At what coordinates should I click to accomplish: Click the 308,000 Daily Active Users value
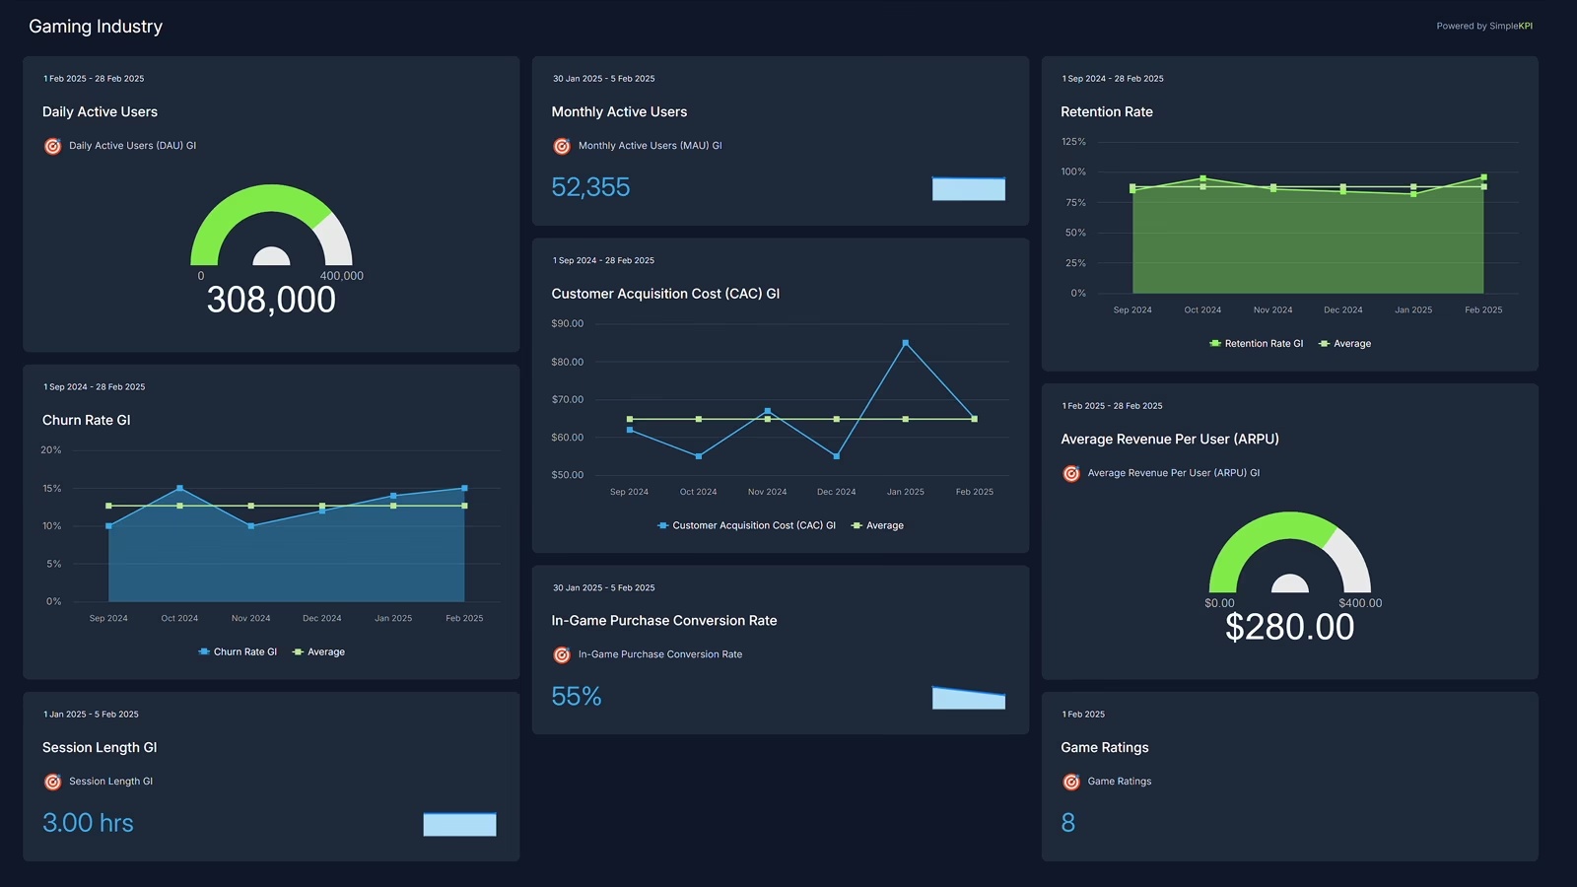[x=271, y=300]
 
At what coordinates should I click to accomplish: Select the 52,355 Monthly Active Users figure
[x=590, y=187]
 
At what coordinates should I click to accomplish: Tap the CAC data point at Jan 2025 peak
[x=906, y=343]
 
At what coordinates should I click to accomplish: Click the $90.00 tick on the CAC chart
[x=567, y=323]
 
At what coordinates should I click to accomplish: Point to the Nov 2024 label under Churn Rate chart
[x=250, y=618]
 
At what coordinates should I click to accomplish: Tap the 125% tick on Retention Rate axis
[x=1073, y=142]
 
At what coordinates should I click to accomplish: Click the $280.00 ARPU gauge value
[x=1289, y=627]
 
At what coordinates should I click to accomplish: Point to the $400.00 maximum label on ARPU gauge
[x=1360, y=603]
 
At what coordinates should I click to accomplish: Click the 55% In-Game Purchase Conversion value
[x=577, y=697]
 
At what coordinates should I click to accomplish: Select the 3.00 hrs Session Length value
[x=88, y=823]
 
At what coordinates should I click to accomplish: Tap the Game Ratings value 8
[x=1067, y=823]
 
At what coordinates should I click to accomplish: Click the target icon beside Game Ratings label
[x=1071, y=782]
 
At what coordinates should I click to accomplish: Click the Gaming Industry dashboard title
[x=96, y=27]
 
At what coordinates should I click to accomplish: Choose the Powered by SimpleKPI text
[x=1483, y=27]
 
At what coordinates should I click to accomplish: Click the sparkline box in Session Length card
[x=459, y=824]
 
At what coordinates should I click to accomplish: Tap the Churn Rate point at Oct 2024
[x=179, y=488]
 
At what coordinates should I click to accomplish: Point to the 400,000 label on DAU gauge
[x=341, y=276]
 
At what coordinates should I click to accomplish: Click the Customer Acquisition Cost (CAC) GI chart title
[x=665, y=294]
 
